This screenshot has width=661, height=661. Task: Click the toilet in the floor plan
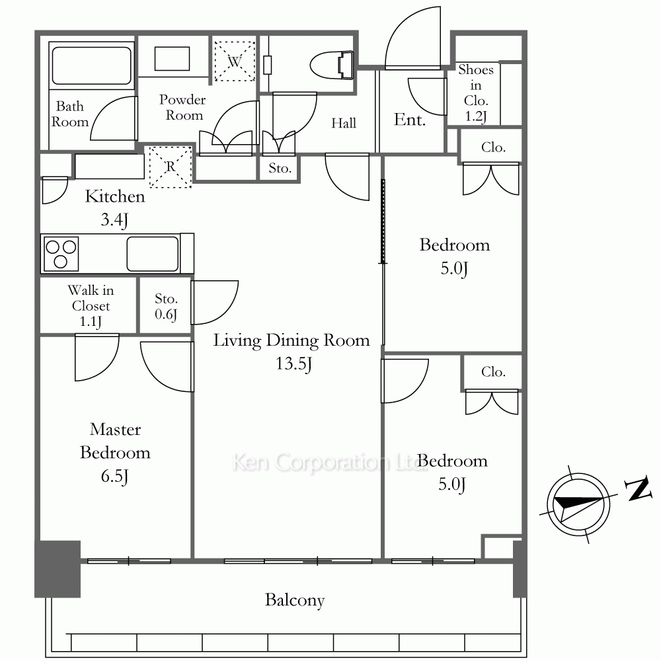point(332,65)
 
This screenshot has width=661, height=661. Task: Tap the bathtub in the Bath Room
point(91,65)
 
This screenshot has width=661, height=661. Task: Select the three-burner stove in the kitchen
point(61,253)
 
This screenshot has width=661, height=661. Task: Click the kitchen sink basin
point(153,253)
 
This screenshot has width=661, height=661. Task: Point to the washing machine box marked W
point(235,61)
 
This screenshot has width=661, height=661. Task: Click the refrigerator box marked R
point(171,167)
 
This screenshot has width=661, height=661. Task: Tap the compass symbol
point(578,504)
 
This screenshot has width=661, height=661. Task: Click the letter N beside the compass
point(639,489)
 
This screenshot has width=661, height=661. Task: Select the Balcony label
point(295,600)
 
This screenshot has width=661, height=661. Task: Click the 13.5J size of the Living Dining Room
point(294,364)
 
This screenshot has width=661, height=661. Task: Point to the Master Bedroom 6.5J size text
point(114,477)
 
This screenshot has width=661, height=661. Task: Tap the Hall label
point(344,123)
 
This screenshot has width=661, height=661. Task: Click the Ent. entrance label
point(410,120)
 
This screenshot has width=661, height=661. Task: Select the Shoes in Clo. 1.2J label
point(476,93)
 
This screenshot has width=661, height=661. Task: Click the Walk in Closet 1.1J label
point(91,306)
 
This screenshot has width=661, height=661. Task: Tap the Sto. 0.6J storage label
point(166,307)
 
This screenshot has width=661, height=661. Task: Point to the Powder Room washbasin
point(172,59)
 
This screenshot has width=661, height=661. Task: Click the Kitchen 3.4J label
point(114,208)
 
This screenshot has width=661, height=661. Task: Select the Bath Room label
point(70,114)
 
